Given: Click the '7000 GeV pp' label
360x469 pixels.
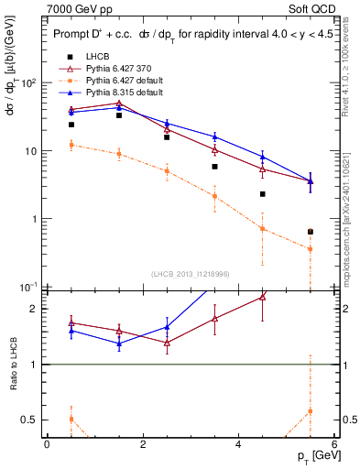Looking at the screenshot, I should [x=80, y=10].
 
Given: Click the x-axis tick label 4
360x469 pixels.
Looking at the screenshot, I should [x=238, y=443].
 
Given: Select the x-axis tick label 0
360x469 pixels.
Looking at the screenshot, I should [x=47, y=443].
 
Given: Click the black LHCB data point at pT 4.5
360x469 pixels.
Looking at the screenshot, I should [x=262, y=194].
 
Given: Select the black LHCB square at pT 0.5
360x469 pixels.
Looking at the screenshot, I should [x=71, y=125].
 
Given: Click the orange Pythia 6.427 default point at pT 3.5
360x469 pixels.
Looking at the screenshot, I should [x=214, y=196].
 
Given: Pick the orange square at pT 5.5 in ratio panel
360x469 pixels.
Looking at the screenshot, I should [x=311, y=411].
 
